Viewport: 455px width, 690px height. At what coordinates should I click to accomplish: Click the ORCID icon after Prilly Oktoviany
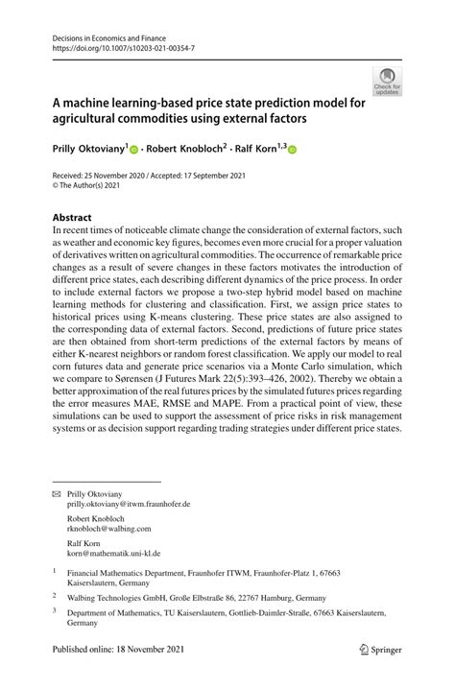click(135, 151)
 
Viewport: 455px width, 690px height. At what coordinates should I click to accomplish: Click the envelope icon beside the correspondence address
click(57, 492)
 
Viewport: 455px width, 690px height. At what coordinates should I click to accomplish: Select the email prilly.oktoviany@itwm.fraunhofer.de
click(129, 503)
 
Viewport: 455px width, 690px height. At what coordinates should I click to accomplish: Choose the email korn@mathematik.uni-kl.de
click(113, 554)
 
